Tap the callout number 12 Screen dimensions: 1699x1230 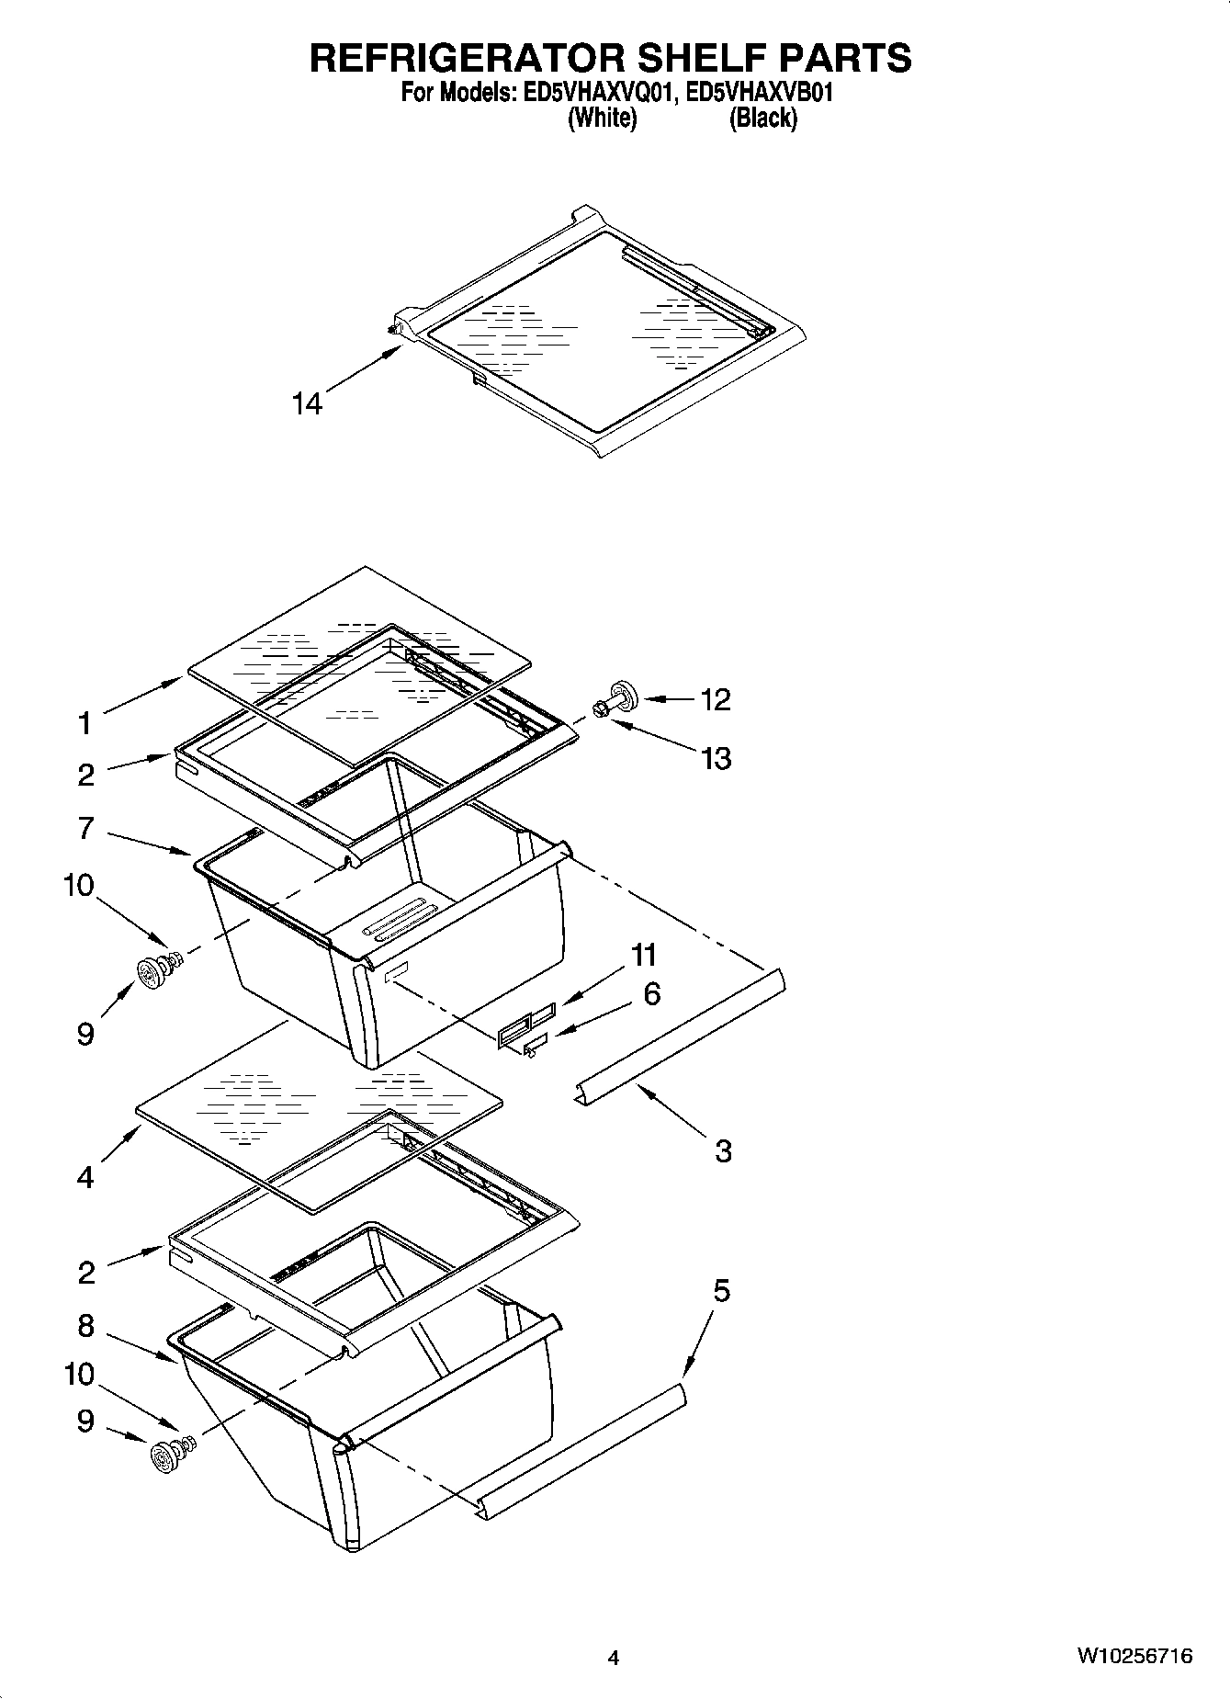(716, 699)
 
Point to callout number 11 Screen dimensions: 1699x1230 (644, 955)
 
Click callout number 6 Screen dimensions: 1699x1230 (651, 993)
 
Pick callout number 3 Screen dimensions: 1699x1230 (723, 1150)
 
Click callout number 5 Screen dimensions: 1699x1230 (721, 1290)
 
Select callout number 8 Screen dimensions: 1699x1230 (85, 1325)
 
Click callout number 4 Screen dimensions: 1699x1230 (85, 1177)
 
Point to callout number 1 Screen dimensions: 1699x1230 (85, 724)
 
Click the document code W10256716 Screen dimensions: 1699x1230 (1134, 1657)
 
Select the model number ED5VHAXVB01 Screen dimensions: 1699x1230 (759, 93)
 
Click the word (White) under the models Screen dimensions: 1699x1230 (603, 119)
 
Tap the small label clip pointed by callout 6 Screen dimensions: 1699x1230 (533, 1044)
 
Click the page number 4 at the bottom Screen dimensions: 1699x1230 (613, 1658)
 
